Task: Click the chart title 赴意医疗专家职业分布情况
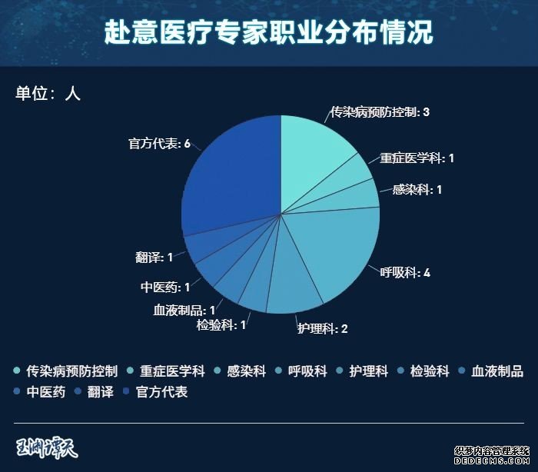click(x=268, y=33)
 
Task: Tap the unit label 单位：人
click(x=48, y=94)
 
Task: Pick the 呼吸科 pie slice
click(x=342, y=246)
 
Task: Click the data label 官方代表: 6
click(x=159, y=144)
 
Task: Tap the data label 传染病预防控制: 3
click(x=380, y=112)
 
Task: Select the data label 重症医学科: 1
click(x=417, y=158)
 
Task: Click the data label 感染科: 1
click(x=417, y=189)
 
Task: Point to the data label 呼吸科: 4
click(x=405, y=273)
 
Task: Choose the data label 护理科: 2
click(x=323, y=329)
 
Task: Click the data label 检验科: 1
click(x=221, y=325)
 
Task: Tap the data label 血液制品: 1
click(x=184, y=310)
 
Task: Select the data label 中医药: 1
click(x=165, y=288)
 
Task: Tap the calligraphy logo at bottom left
click(x=48, y=447)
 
